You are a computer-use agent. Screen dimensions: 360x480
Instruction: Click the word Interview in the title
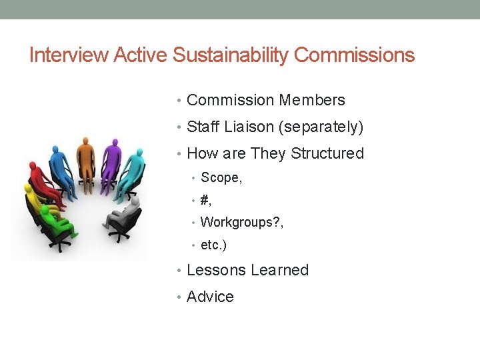coord(69,55)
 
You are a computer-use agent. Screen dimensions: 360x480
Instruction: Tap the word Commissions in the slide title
coord(354,55)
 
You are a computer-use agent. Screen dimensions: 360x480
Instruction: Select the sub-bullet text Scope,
coord(221,177)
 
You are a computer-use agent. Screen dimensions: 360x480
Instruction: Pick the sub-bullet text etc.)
coord(213,245)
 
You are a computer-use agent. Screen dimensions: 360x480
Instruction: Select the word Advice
coord(210,297)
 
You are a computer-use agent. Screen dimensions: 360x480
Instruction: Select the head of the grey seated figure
coord(135,199)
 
